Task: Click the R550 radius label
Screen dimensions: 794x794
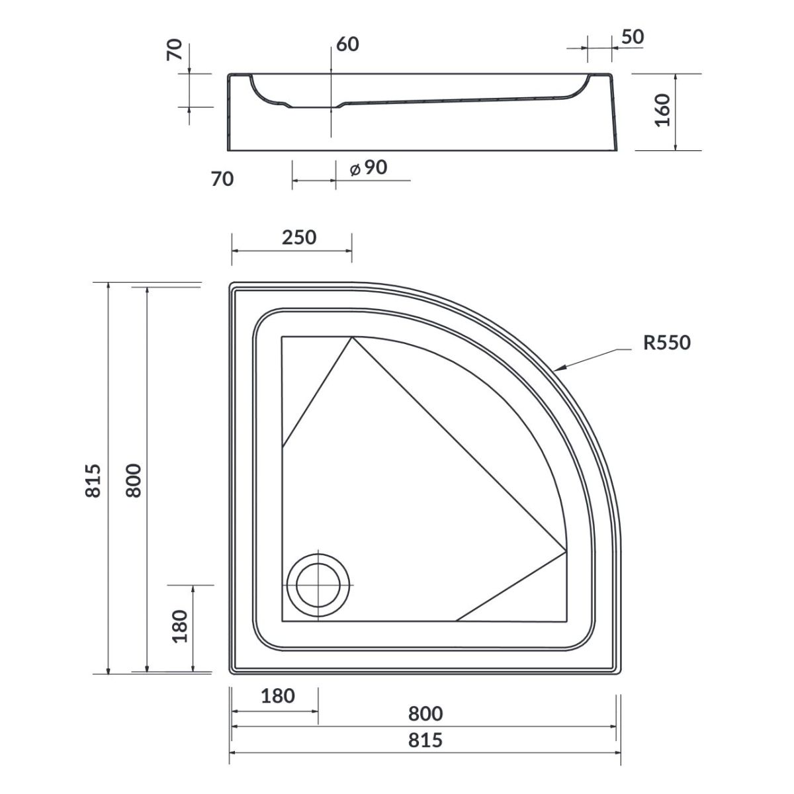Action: [667, 342]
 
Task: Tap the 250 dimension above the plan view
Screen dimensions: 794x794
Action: [299, 238]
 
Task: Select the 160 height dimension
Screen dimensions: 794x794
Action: [663, 110]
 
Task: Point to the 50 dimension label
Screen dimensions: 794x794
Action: [632, 37]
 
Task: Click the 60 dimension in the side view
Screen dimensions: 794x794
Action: [347, 44]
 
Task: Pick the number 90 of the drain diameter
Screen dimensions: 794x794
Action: [375, 167]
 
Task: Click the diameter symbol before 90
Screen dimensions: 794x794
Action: [355, 169]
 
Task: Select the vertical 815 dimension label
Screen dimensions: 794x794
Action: [93, 481]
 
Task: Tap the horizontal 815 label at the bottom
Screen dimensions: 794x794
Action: [425, 740]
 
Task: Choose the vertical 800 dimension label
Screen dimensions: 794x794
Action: [134, 481]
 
